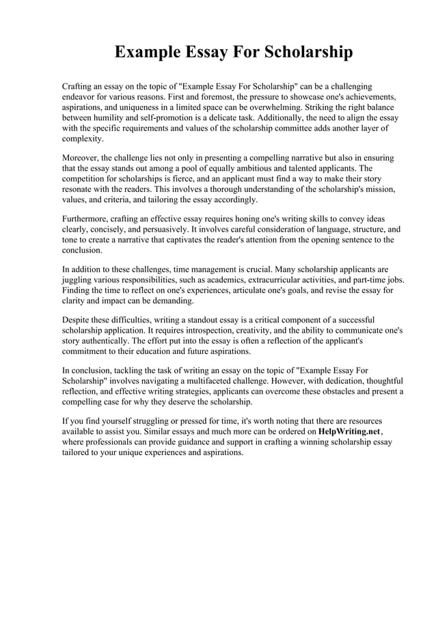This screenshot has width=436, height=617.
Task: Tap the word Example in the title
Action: pyautogui.click(x=146, y=53)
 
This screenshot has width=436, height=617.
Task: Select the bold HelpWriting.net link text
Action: pyautogui.click(x=349, y=432)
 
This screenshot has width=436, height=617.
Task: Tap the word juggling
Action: pyautogui.click(x=80, y=280)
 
